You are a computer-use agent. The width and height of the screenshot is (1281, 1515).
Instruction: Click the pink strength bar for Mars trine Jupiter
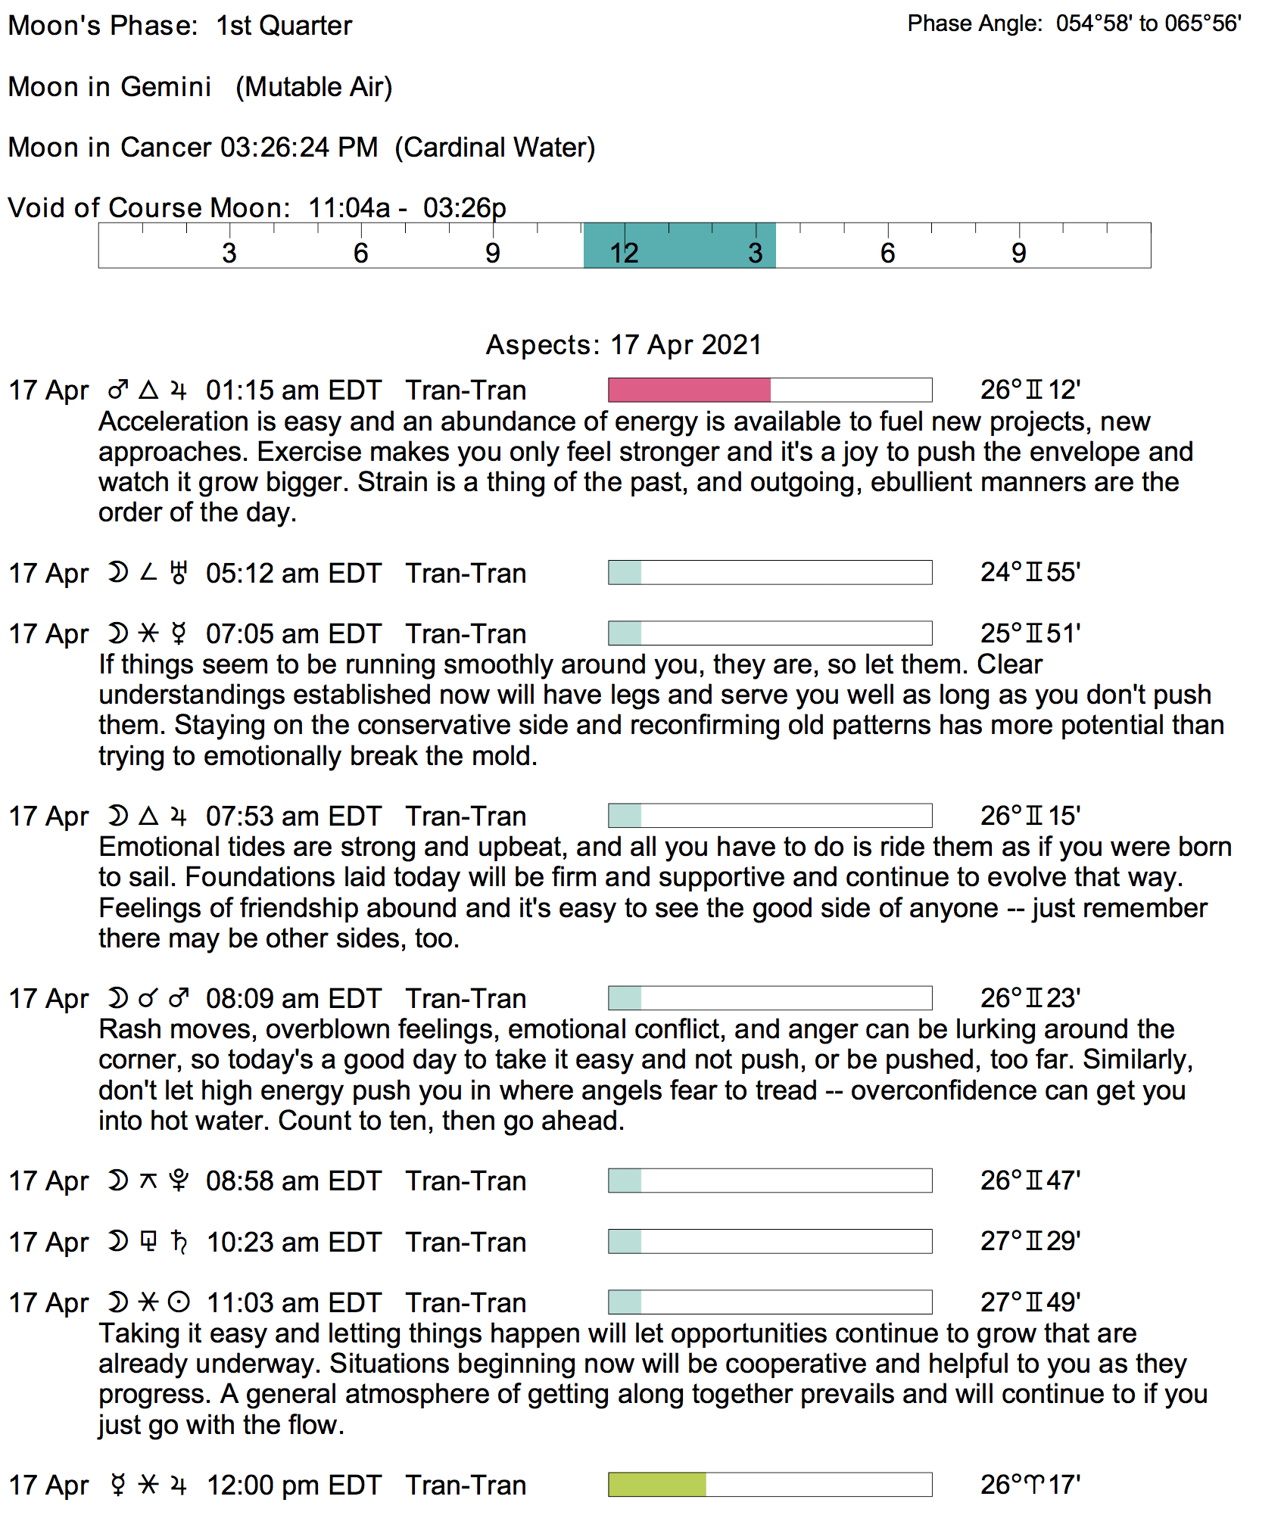tap(689, 390)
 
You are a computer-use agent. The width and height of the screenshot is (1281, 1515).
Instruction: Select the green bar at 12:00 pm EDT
tap(657, 1484)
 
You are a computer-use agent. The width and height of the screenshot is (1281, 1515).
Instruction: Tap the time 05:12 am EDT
tap(293, 573)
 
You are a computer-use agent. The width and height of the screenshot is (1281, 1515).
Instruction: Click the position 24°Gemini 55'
tap(1030, 572)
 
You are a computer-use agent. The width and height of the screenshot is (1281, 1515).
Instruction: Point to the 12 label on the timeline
tap(625, 253)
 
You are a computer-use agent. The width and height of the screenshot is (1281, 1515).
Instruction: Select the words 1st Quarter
tap(284, 26)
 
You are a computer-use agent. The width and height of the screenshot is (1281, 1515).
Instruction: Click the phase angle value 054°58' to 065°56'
tap(1148, 23)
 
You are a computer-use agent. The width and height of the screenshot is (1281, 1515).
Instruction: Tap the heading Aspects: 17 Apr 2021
tap(624, 344)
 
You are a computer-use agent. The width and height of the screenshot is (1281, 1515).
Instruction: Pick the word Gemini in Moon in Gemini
tap(166, 86)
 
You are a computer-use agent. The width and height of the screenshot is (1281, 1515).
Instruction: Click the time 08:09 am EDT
tap(293, 998)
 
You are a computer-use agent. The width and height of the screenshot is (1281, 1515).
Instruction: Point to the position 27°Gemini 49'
tap(1030, 1302)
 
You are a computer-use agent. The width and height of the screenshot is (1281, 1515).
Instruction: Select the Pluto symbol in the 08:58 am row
tap(179, 1181)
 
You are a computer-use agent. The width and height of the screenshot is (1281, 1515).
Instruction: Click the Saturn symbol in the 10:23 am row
tap(179, 1242)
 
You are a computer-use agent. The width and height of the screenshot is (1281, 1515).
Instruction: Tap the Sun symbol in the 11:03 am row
tap(179, 1302)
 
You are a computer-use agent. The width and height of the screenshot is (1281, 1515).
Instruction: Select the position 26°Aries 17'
tap(1030, 1484)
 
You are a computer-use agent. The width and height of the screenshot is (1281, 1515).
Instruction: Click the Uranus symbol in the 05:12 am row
tap(179, 573)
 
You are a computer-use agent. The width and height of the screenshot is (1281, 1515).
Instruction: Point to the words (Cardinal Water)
tap(495, 147)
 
